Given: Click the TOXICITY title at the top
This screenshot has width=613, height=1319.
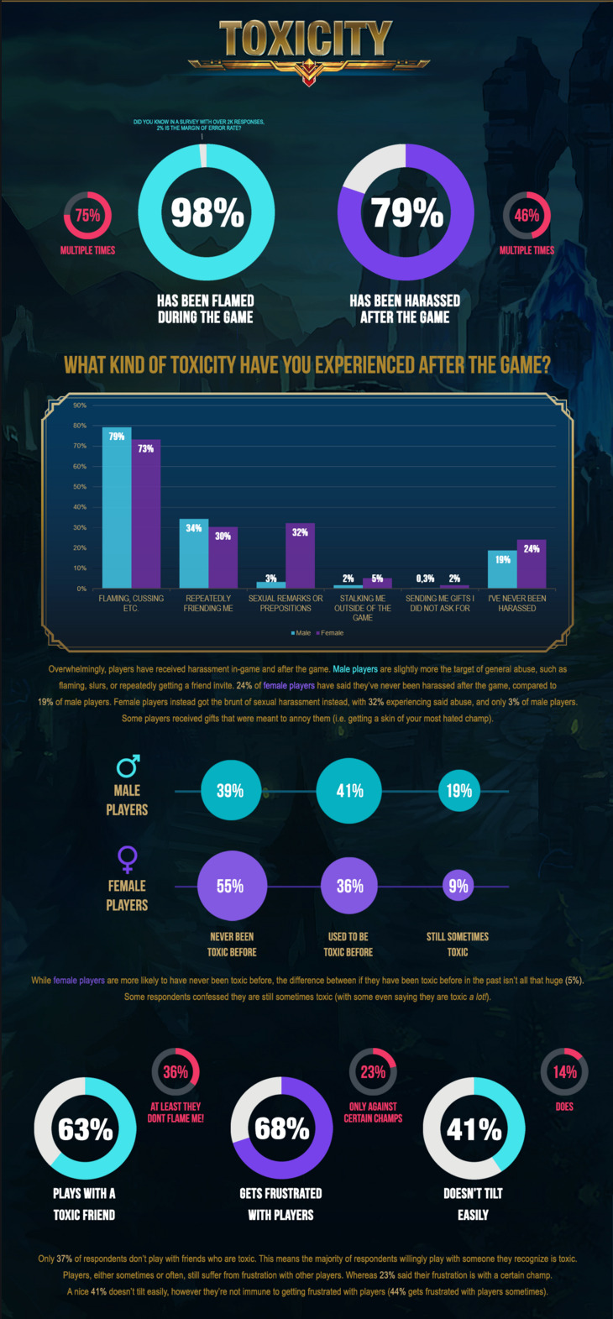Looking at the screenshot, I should pos(306,39).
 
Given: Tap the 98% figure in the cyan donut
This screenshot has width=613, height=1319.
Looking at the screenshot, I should pos(207,212).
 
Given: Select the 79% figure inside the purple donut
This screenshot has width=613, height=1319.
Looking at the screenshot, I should pos(406,212).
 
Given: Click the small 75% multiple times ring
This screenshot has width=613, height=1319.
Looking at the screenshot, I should pos(87,216).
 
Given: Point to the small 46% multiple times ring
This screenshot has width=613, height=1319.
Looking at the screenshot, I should pos(527,216).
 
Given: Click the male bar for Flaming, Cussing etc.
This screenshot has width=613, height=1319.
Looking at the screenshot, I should pos(117,508).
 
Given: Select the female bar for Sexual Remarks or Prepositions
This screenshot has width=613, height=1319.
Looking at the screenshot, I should pos(300,556).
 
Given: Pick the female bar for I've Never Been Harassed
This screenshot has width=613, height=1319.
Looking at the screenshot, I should pos(532,564).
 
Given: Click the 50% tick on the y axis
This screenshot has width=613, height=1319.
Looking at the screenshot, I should pos(80,487).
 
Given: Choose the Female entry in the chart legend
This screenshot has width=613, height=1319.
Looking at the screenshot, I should pos(331,632).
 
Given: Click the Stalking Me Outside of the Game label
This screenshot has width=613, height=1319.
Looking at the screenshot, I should pos(363,608).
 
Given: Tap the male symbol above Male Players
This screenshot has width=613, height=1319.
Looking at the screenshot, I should pos(128,766).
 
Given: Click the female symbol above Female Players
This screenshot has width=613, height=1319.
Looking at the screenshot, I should pos(128,859).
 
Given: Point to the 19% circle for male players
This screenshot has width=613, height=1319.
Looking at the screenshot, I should pos(458,791).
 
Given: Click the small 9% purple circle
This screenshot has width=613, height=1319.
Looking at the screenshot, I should pos(458,886).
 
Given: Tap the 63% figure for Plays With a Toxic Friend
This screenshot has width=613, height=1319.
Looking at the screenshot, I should pos(85,1129).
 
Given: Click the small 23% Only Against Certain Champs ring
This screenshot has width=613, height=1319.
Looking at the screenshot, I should pos(373,1072).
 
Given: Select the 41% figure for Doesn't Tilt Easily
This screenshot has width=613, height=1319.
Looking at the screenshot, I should pos(474,1129).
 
